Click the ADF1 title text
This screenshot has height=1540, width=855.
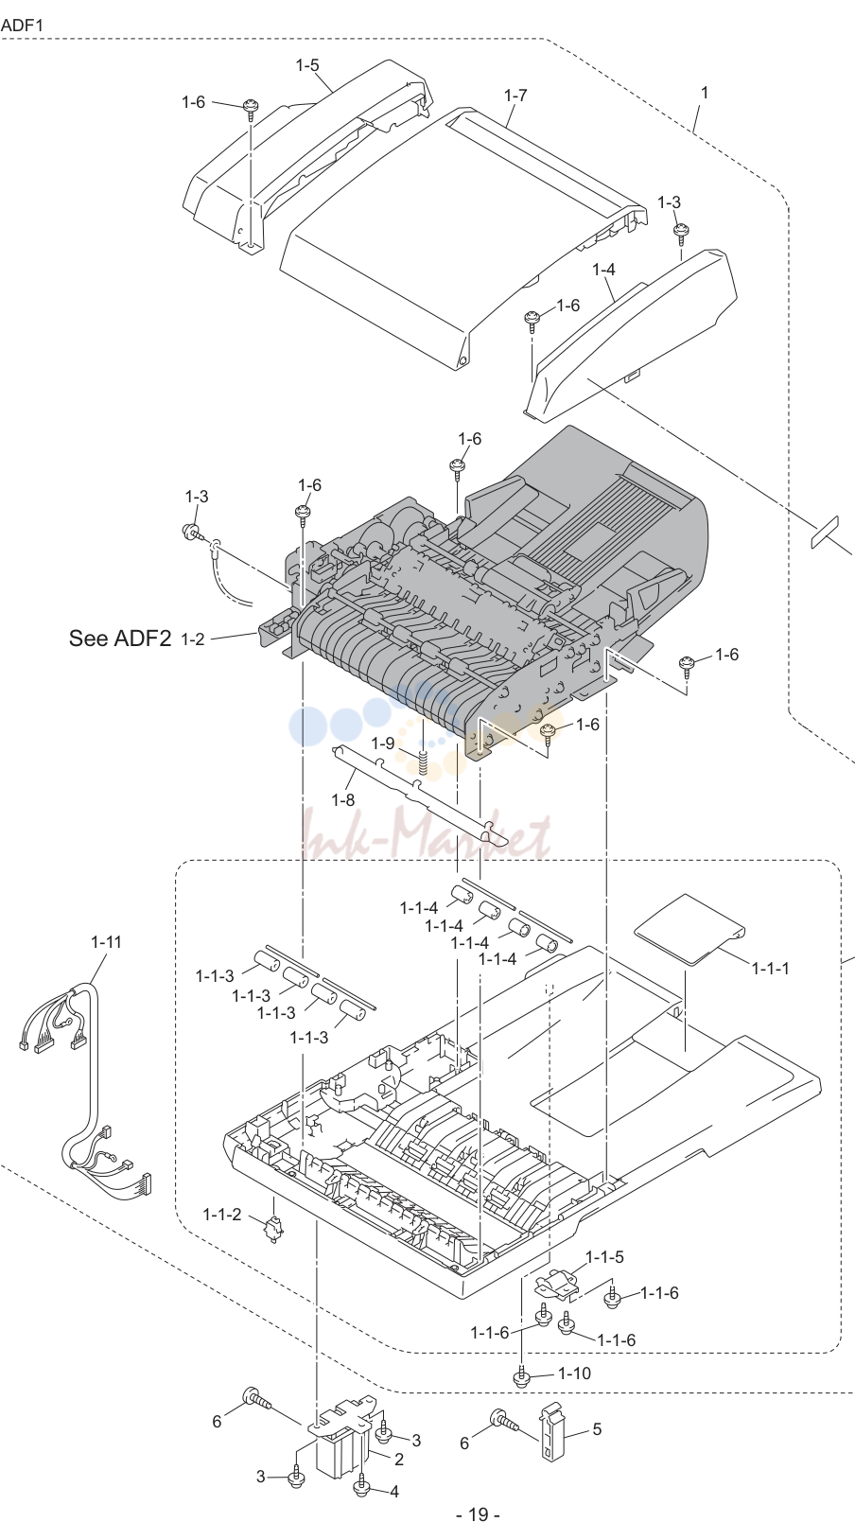(x=22, y=26)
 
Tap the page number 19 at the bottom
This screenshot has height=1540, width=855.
(x=478, y=1514)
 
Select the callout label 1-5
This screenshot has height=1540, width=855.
(x=307, y=65)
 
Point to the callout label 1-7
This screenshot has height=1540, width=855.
(x=515, y=96)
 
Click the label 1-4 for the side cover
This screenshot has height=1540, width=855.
(x=603, y=270)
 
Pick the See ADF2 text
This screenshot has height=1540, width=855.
(x=119, y=638)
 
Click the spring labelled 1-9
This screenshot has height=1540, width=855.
(x=424, y=761)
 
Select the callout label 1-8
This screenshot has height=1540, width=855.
(x=343, y=799)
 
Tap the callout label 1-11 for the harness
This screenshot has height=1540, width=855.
(x=107, y=942)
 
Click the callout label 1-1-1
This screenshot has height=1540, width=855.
(x=771, y=968)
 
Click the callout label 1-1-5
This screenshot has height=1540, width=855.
(x=604, y=1257)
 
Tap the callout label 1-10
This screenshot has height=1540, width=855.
(x=575, y=1373)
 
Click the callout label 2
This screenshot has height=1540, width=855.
(x=398, y=1459)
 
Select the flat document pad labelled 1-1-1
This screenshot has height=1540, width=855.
(x=689, y=929)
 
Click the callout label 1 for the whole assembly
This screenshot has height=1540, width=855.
(x=704, y=92)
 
